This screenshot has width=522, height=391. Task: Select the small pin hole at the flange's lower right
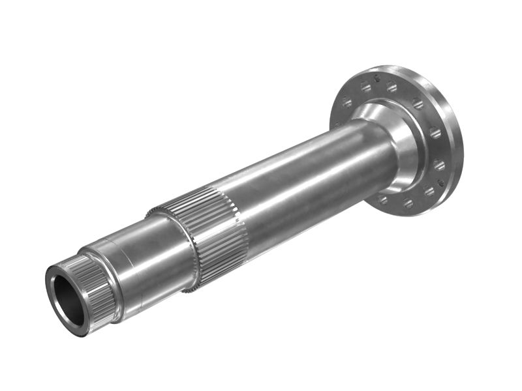tap(441, 183)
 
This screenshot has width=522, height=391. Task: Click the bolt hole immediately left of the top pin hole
tap(366, 87)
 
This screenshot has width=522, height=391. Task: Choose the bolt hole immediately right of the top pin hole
tap(391, 87)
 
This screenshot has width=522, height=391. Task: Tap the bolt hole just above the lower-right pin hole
tap(439, 165)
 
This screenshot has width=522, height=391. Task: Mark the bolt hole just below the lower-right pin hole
tap(429, 191)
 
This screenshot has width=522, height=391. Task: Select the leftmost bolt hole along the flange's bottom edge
tap(382, 200)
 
